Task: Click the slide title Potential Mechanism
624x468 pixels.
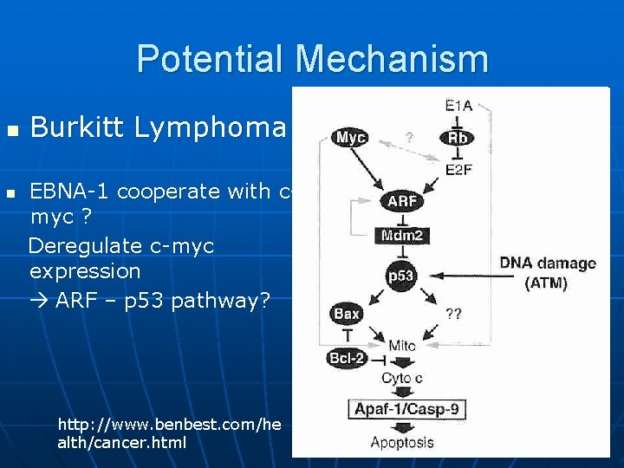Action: (312, 59)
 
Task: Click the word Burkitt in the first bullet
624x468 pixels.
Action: (72, 127)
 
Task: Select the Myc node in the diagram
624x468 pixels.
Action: (350, 138)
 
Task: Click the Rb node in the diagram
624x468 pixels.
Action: (458, 138)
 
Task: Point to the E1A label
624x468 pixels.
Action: (458, 107)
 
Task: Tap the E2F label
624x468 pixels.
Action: (458, 170)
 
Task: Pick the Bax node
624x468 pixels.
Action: (346, 314)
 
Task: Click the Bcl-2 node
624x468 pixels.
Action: (348, 358)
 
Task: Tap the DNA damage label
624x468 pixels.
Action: (547, 263)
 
